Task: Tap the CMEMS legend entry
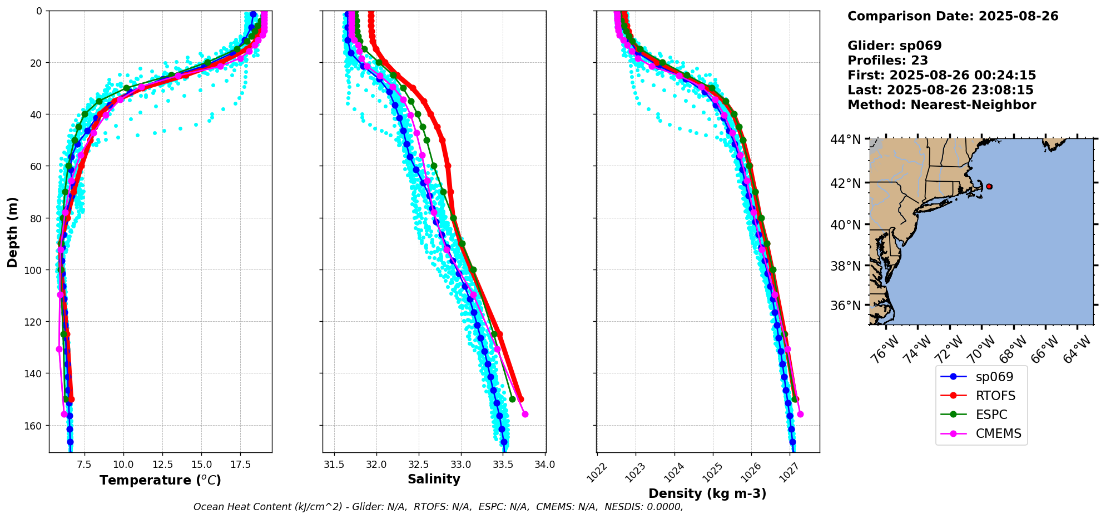pos(981,433)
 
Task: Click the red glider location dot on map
pos(989,187)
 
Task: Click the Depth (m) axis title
pos(12,232)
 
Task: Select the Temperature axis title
pos(160,480)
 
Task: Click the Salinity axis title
pos(434,479)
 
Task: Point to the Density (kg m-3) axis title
pos(707,493)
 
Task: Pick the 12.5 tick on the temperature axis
pos(162,463)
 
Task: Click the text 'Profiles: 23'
pos(887,61)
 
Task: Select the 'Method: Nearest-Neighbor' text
pos(941,105)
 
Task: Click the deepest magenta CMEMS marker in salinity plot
pos(525,414)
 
